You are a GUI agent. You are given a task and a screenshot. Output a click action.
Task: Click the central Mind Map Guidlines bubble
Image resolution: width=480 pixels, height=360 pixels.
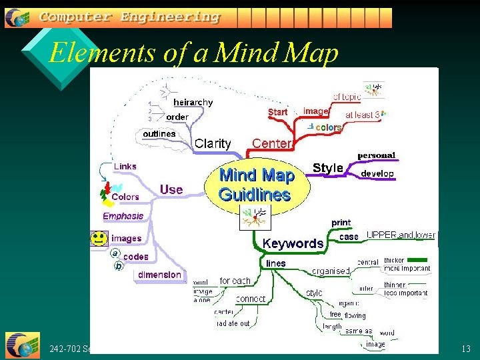coord(256,185)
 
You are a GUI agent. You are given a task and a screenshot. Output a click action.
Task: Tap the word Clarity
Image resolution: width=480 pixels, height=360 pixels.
coord(213,143)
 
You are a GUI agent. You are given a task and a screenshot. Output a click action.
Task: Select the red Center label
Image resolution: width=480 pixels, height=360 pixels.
coord(272,143)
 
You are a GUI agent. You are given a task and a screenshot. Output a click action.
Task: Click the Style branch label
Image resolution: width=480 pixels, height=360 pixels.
coord(327,168)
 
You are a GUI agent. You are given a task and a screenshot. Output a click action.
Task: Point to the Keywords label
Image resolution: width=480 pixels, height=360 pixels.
coord(293,243)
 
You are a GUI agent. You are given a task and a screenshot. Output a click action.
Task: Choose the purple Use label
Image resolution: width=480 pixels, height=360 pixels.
coord(171,189)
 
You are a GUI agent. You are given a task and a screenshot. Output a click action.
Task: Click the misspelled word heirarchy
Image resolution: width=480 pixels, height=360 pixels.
coord(193,102)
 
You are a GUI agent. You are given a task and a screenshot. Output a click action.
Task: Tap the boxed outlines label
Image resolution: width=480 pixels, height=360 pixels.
coord(159,133)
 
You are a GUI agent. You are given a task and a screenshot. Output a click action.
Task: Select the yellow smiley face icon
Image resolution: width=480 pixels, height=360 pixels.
coord(99,237)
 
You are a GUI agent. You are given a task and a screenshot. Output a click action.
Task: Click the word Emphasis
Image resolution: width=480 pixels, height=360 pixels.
coord(123,216)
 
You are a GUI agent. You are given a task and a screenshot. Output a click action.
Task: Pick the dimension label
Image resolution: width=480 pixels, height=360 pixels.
coord(159,275)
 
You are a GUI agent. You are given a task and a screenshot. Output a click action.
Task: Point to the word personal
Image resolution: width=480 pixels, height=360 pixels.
coord(376,155)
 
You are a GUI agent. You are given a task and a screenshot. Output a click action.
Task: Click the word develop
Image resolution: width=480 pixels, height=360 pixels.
coord(377,173)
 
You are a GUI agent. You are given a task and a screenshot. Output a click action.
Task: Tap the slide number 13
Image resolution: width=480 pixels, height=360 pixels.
coord(465,349)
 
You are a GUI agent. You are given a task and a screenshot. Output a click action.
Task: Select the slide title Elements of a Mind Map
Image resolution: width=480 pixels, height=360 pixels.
coord(193,53)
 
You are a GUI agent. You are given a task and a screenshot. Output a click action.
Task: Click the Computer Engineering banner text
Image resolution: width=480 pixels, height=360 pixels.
coord(129,17)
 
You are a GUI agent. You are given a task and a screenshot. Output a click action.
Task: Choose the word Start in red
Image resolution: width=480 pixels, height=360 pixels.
coord(277,112)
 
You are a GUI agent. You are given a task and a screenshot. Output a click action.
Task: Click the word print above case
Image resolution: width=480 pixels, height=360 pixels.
coord(341,223)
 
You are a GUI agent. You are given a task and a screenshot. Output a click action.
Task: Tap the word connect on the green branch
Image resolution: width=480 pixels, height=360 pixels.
coord(251,299)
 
